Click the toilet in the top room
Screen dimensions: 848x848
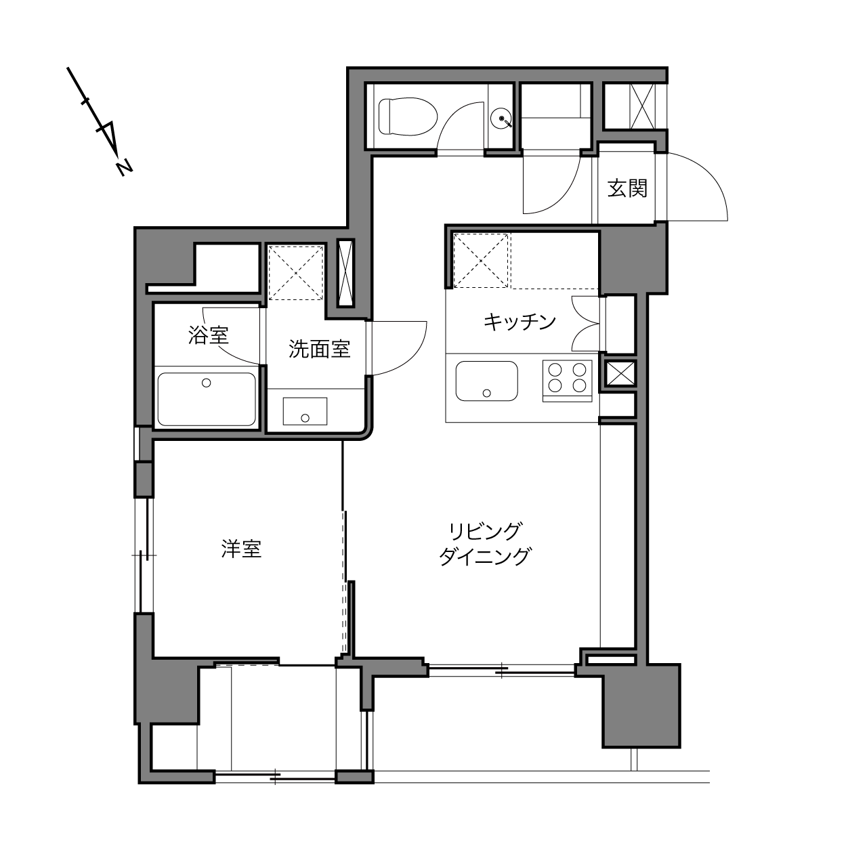click(408, 116)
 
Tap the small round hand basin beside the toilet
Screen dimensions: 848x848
click(501, 118)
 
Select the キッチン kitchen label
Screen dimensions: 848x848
click(520, 322)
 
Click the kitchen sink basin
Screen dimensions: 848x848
click(486, 381)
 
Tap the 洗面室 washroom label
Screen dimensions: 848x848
click(319, 349)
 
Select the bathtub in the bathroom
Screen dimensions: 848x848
click(207, 399)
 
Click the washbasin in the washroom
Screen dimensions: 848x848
click(305, 411)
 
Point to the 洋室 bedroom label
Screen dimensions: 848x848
click(241, 549)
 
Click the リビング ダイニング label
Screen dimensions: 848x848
click(485, 544)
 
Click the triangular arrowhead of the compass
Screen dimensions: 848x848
click(108, 137)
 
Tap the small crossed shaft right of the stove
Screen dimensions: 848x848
click(619, 374)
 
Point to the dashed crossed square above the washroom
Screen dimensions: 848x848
click(296, 273)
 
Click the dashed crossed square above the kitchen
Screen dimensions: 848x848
click(480, 261)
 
